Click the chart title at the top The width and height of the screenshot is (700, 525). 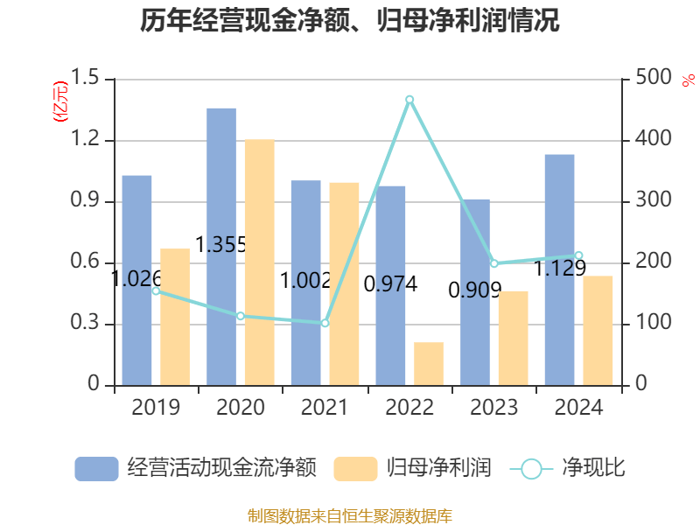tap(350, 21)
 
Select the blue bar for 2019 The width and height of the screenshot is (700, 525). tap(136, 280)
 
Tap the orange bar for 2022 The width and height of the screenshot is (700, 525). tap(429, 363)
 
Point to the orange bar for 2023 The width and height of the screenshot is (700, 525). tap(514, 338)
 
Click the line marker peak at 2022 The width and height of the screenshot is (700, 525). tap(409, 100)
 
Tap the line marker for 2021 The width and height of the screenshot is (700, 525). tap(325, 323)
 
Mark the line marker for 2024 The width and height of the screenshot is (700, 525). tap(578, 255)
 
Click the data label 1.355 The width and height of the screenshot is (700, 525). tap(220, 245)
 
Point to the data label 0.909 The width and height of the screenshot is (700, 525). tap(474, 290)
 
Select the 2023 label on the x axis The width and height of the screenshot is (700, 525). tap(493, 408)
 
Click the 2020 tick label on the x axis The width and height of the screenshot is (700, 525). tap(240, 408)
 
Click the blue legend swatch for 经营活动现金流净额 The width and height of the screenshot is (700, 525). tap(96, 469)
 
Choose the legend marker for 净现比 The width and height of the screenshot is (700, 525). tap(531, 469)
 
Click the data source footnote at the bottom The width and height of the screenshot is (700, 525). tap(350, 515)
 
